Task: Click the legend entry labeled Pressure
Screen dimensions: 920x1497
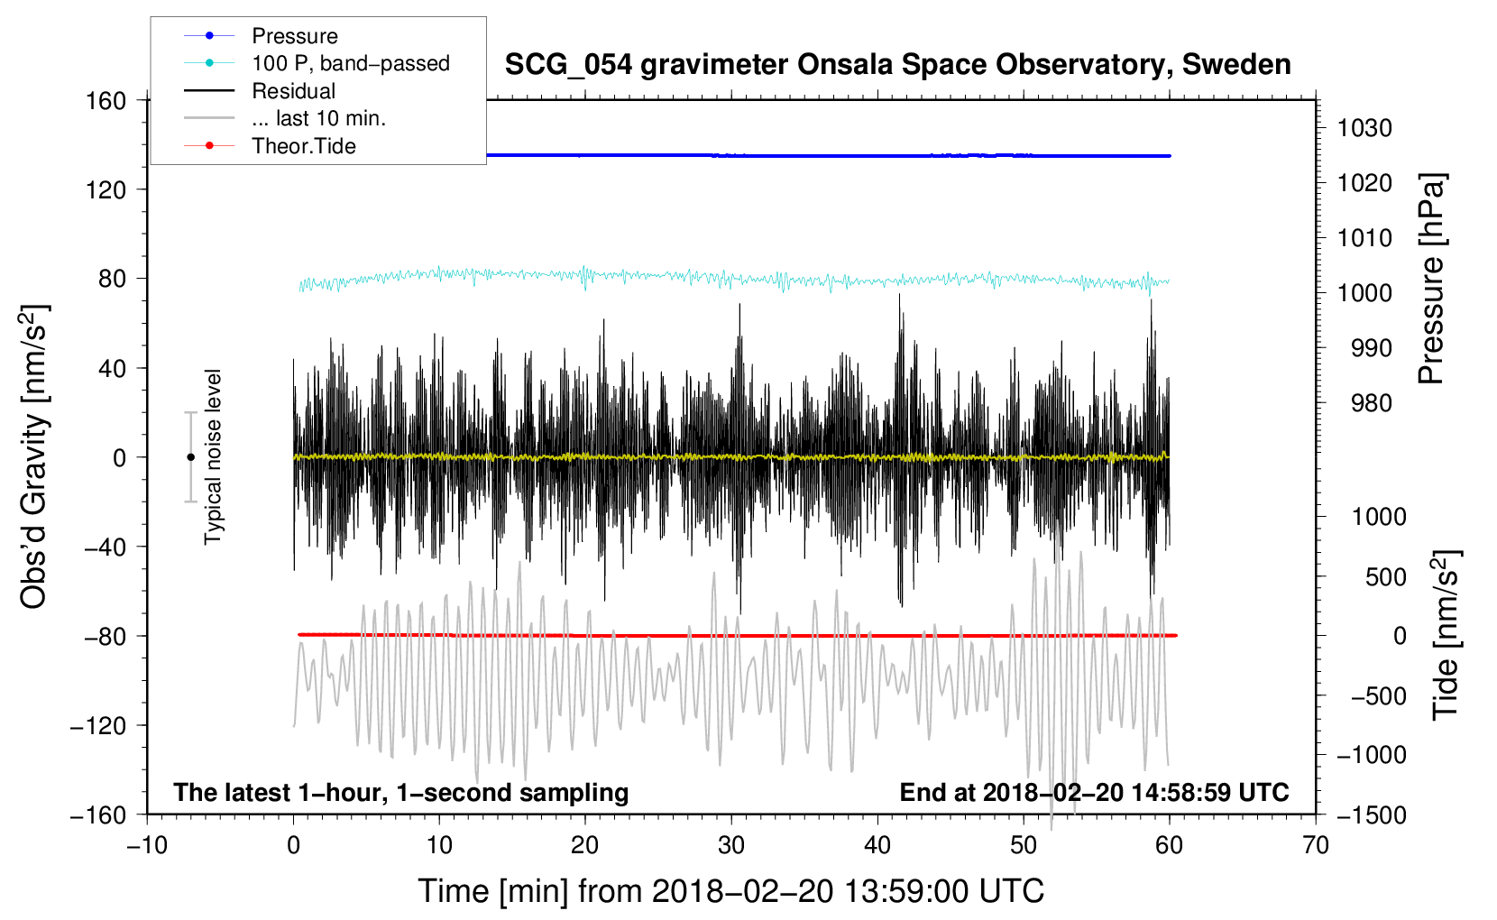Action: (294, 36)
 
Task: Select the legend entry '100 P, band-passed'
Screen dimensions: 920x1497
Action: (350, 63)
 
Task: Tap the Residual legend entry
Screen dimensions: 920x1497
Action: (293, 91)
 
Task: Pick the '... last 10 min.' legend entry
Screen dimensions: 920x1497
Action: (318, 118)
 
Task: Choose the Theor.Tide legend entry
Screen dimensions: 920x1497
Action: (303, 146)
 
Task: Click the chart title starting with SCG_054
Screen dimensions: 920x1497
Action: (897, 65)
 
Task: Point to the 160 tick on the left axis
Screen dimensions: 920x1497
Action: (106, 100)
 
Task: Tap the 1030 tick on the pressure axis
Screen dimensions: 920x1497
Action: (1364, 128)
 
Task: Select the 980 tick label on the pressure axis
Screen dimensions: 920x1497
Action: (1371, 403)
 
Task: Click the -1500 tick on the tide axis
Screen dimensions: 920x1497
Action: (1372, 814)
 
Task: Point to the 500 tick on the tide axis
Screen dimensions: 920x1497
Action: (1385, 576)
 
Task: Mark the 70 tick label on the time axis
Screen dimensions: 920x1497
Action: (1316, 845)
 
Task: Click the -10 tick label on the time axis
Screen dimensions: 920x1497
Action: (147, 845)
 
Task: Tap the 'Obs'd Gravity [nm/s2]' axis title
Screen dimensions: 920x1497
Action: (33, 456)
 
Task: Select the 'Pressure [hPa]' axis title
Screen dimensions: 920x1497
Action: (1431, 279)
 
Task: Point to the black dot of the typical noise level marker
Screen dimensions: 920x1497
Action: (190, 457)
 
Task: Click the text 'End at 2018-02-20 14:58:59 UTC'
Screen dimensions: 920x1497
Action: (1094, 792)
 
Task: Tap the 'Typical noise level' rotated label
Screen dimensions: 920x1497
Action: (213, 456)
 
